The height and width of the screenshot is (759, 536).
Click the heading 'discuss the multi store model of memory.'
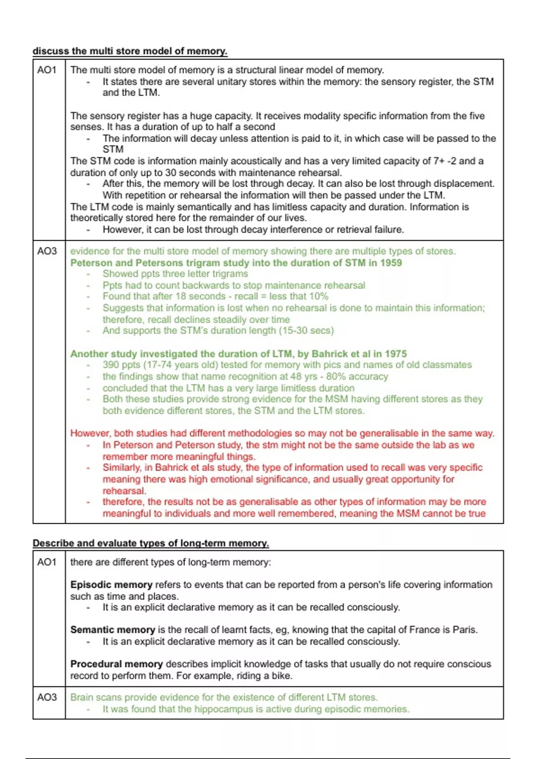click(x=130, y=51)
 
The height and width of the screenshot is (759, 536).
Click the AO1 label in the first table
click(x=47, y=70)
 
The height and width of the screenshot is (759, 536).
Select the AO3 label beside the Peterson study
click(x=47, y=251)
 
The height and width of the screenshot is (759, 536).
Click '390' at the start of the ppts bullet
click(x=111, y=365)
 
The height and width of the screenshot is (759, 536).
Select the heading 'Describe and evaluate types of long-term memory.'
click(x=151, y=543)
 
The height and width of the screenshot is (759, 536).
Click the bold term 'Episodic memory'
click(x=111, y=585)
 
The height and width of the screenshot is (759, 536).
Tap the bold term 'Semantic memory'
click(x=113, y=630)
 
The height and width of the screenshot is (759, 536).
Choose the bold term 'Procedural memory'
click(x=116, y=664)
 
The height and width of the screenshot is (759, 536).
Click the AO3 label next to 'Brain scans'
click(x=47, y=698)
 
